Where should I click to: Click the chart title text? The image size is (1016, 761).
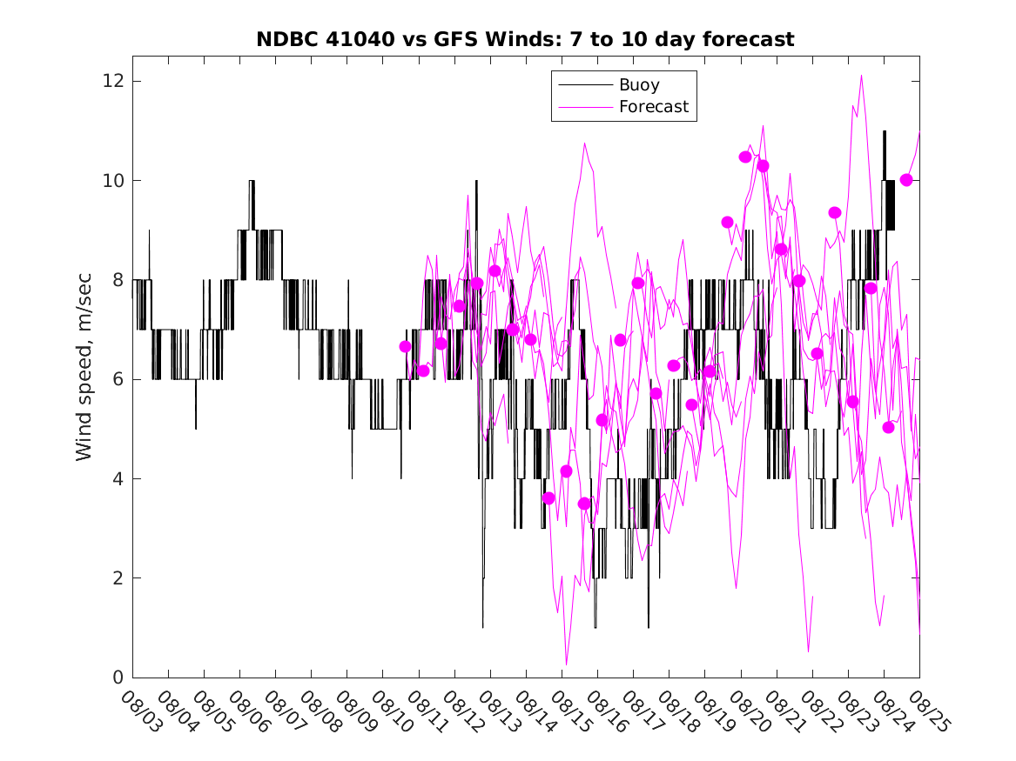525,40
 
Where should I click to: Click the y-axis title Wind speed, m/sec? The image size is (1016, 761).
84,366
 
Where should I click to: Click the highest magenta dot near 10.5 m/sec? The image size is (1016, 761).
745,157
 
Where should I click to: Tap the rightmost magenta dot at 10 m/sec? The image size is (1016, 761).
906,180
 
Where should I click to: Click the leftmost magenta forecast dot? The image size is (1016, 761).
405,346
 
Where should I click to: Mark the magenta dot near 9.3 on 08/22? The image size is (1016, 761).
835,212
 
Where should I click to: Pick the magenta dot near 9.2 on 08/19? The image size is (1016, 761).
728,222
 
